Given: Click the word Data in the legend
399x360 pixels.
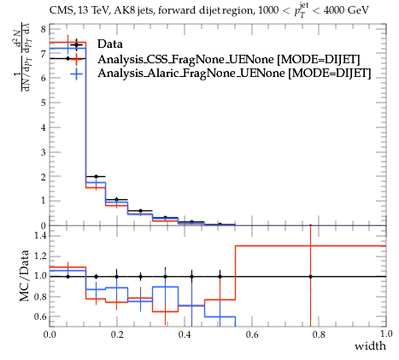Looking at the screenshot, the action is (110, 44).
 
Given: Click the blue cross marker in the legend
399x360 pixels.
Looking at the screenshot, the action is (76, 74).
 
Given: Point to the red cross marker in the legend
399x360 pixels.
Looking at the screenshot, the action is (76, 59).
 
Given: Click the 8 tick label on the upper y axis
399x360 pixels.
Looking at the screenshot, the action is (44, 29).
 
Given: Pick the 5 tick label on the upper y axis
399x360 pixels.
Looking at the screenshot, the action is (44, 103).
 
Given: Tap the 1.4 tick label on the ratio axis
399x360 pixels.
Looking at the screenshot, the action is (40, 235).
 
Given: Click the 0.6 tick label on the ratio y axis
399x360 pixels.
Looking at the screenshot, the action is (40, 316).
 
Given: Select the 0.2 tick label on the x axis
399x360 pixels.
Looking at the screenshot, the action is (117, 334).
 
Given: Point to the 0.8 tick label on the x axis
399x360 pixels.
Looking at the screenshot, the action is (319, 334).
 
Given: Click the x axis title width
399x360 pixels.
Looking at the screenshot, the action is (370, 346).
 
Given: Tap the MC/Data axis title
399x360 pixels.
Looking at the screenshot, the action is (25, 275).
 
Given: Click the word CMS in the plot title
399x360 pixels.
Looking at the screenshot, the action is (59, 10).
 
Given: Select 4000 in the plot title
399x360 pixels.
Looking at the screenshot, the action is (334, 10).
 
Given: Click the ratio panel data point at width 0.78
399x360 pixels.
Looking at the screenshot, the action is (310, 276).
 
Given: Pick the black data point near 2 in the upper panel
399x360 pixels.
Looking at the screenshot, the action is (96, 176).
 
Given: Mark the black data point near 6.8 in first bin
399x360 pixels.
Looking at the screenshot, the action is (67, 58).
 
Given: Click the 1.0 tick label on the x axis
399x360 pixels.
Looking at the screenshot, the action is (386, 334).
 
